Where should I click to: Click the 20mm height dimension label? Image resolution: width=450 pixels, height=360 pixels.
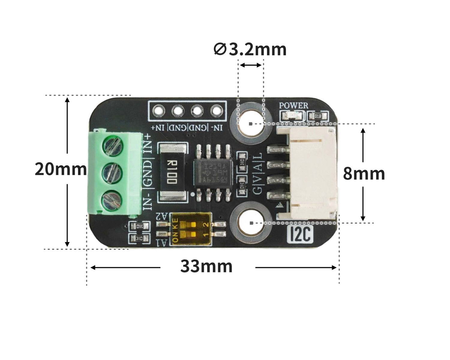click(x=61, y=169)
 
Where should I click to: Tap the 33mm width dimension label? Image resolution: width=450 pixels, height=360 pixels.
click(x=206, y=266)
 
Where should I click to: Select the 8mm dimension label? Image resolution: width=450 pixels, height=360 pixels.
click(x=364, y=174)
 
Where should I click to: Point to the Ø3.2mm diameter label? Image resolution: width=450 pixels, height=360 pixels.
click(x=250, y=49)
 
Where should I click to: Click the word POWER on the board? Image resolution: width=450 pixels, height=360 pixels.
click(x=293, y=106)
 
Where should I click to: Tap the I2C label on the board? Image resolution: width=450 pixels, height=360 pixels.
click(x=300, y=234)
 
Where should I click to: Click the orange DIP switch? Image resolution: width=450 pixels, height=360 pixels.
click(x=191, y=229)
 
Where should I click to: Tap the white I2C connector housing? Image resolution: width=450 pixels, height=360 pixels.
click(x=313, y=173)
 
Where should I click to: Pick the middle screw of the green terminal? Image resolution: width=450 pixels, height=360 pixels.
click(x=113, y=173)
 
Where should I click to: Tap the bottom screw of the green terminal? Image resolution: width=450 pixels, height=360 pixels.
click(x=113, y=200)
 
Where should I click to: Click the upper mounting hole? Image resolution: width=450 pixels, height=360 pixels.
click(x=251, y=123)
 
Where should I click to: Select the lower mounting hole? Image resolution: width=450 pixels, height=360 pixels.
click(x=251, y=223)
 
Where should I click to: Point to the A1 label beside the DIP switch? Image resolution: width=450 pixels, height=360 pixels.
click(x=163, y=242)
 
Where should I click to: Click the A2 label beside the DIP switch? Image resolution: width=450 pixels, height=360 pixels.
click(x=162, y=216)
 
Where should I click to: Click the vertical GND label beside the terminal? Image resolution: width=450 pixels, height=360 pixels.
click(x=148, y=173)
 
